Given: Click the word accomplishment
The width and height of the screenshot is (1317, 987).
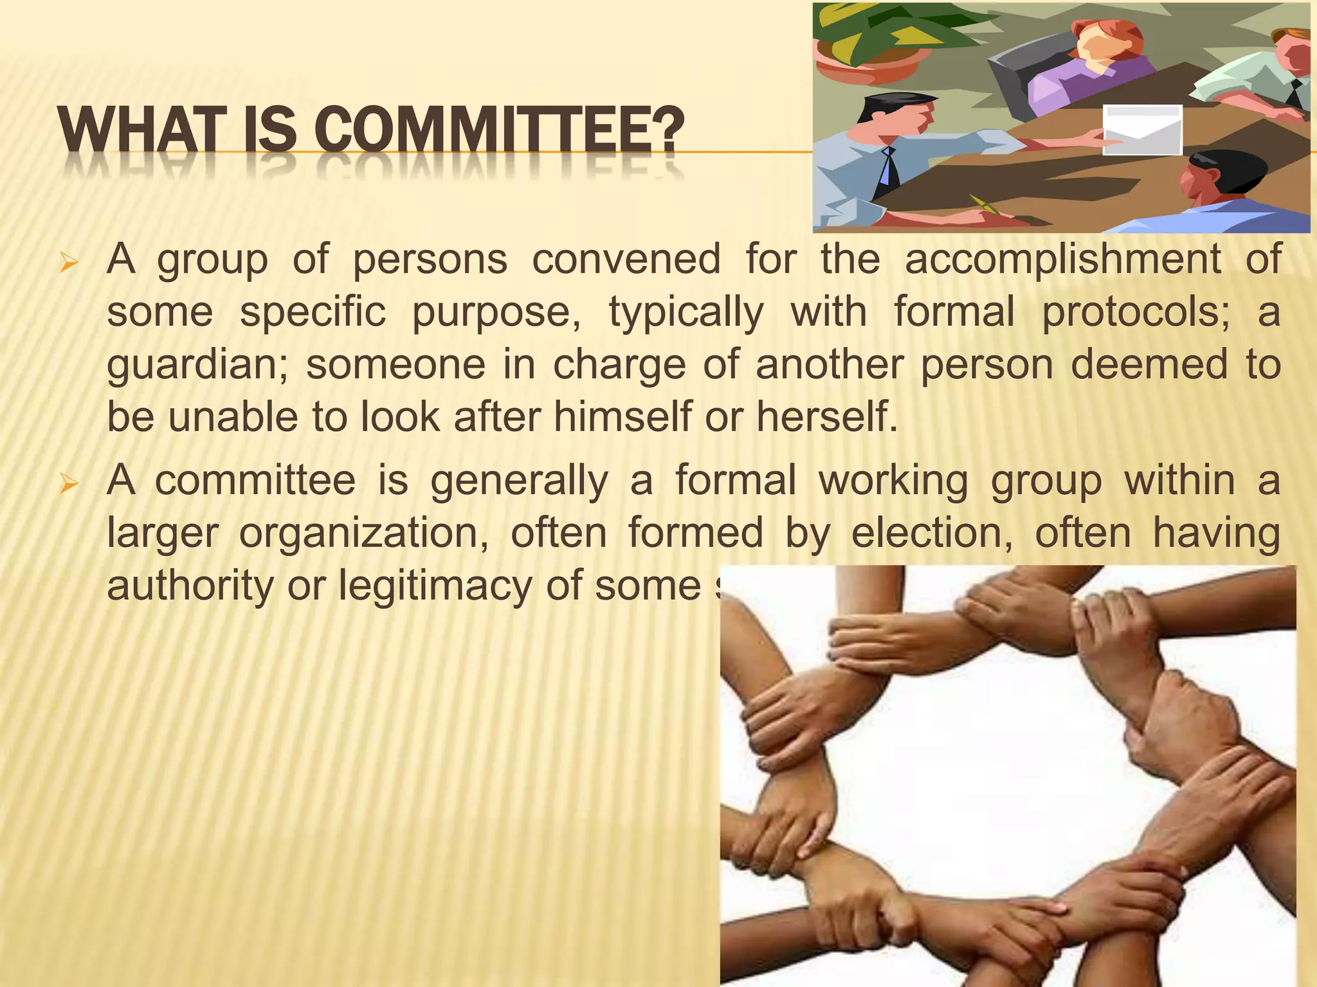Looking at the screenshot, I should point(1062,260).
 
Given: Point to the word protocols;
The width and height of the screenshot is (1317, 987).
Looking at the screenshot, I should point(1136,312).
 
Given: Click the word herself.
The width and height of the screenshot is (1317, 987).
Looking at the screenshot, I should point(826,417).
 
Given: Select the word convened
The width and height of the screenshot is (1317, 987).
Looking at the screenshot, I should point(626,260).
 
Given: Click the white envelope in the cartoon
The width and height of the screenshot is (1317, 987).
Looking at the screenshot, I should point(1142,130).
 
